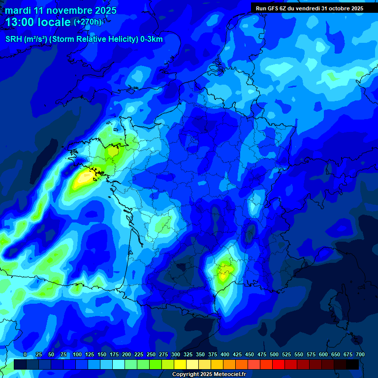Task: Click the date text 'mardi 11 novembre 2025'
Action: (x=61, y=10)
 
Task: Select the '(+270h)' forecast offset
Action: (x=88, y=22)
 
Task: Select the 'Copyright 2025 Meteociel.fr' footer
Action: (x=209, y=375)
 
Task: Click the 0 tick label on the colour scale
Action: (x=25, y=355)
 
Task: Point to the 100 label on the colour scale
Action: (x=77, y=355)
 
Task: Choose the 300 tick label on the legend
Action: (x=176, y=355)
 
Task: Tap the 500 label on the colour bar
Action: (x=274, y=355)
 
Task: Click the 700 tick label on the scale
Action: (x=360, y=355)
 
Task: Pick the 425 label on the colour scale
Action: (x=237, y=355)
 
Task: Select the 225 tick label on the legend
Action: (x=139, y=355)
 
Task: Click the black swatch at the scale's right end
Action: (x=352, y=364)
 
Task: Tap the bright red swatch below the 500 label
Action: (x=279, y=364)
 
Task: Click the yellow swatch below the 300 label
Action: (x=180, y=364)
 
